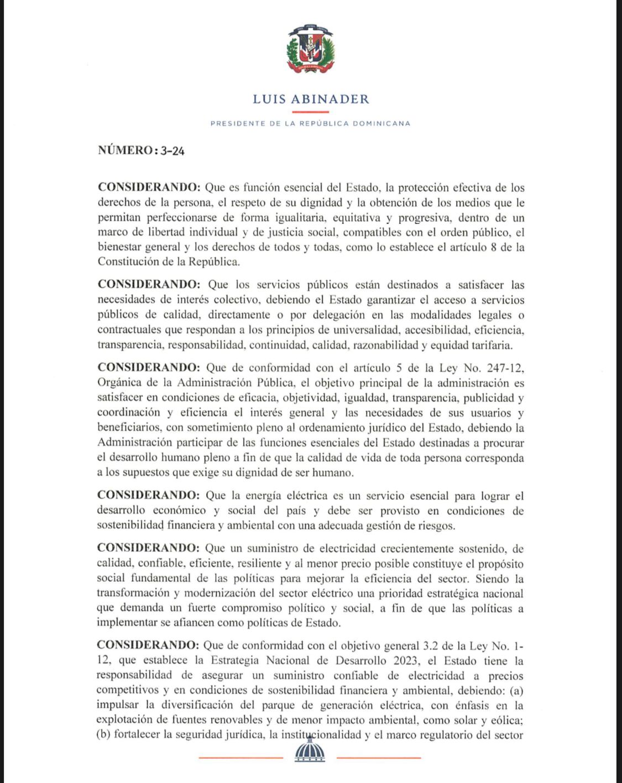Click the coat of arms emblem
coord(311,49)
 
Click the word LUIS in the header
coord(269,100)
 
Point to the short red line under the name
coord(311,112)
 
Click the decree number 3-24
coord(172,151)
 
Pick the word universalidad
coord(367,330)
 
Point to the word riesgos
coord(436,526)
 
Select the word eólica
coord(508,721)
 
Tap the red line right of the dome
coord(379,758)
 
